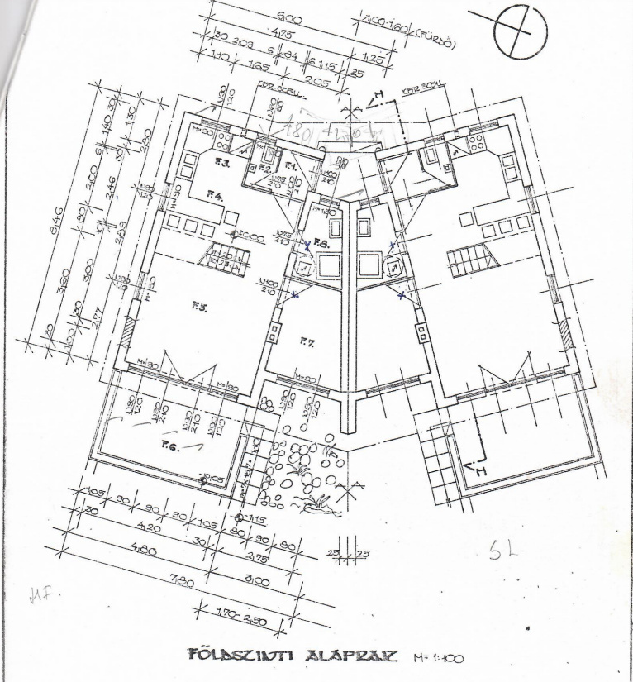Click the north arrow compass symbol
point(520,33)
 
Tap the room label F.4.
point(215,197)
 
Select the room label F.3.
point(222,162)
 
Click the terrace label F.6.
point(169,446)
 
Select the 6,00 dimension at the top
point(289,18)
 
